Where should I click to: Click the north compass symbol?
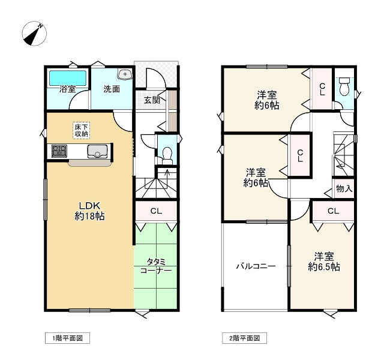coord(34,34)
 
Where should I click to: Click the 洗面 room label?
coord(111,90)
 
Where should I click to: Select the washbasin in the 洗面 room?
coord(125,75)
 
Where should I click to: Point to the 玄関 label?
coord(152,100)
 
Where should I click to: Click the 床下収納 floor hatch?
coord(81,130)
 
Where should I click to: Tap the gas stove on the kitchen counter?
coord(59,151)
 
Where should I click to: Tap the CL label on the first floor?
coord(156,211)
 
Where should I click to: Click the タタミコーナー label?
coord(156,266)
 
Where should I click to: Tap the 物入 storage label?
coord(344,188)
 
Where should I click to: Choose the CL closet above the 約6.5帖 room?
coord(333,211)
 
